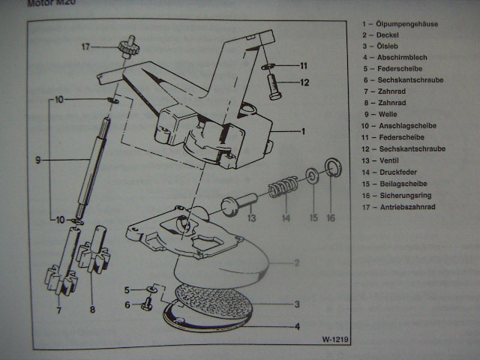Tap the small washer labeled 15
tap(310, 177)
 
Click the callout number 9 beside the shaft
tap(37, 159)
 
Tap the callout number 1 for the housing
tap(303, 131)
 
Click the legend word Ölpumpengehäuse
tap(411, 24)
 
